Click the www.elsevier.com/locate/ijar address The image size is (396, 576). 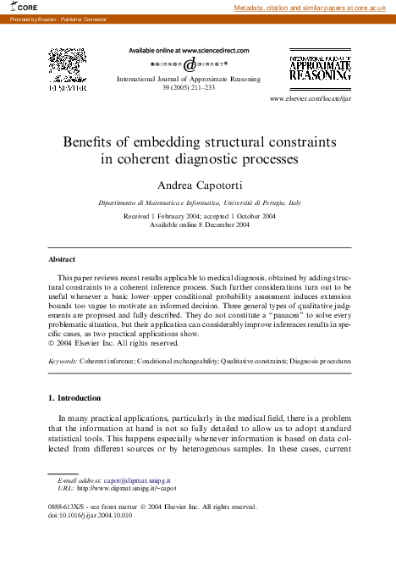310,99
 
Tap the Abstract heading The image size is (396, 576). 62,258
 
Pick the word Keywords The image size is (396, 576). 62,361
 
